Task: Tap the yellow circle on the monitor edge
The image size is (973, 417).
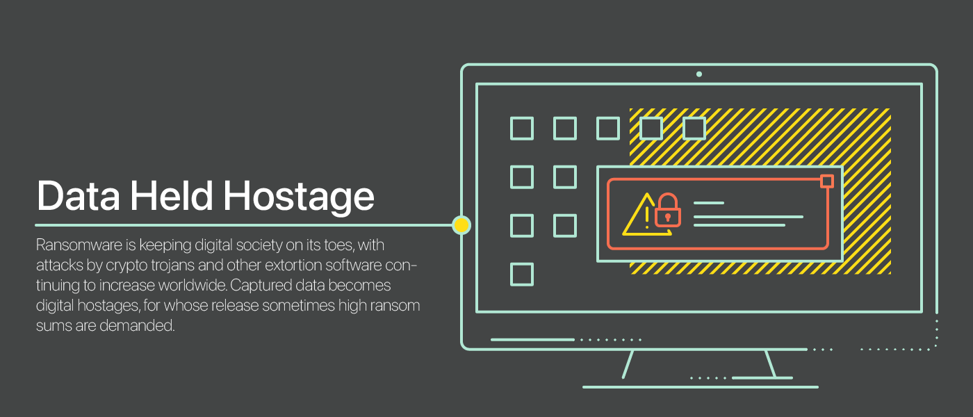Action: point(461,224)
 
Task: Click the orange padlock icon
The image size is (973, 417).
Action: point(668,211)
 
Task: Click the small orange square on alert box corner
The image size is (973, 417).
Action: point(826,181)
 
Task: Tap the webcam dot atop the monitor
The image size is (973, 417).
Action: point(699,74)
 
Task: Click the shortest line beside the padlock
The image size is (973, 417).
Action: point(709,203)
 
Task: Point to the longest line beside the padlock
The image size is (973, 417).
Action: point(749,217)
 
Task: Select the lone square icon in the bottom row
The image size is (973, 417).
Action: point(522,275)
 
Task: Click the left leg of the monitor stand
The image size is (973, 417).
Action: point(628,364)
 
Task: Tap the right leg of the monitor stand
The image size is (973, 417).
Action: point(770,364)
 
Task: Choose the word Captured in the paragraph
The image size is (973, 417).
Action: point(257,286)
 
